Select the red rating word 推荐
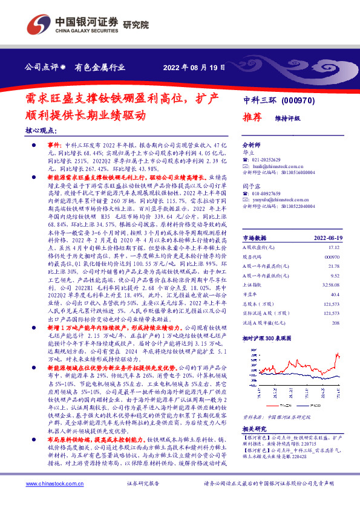[253, 117]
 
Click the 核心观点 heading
[41, 131]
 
